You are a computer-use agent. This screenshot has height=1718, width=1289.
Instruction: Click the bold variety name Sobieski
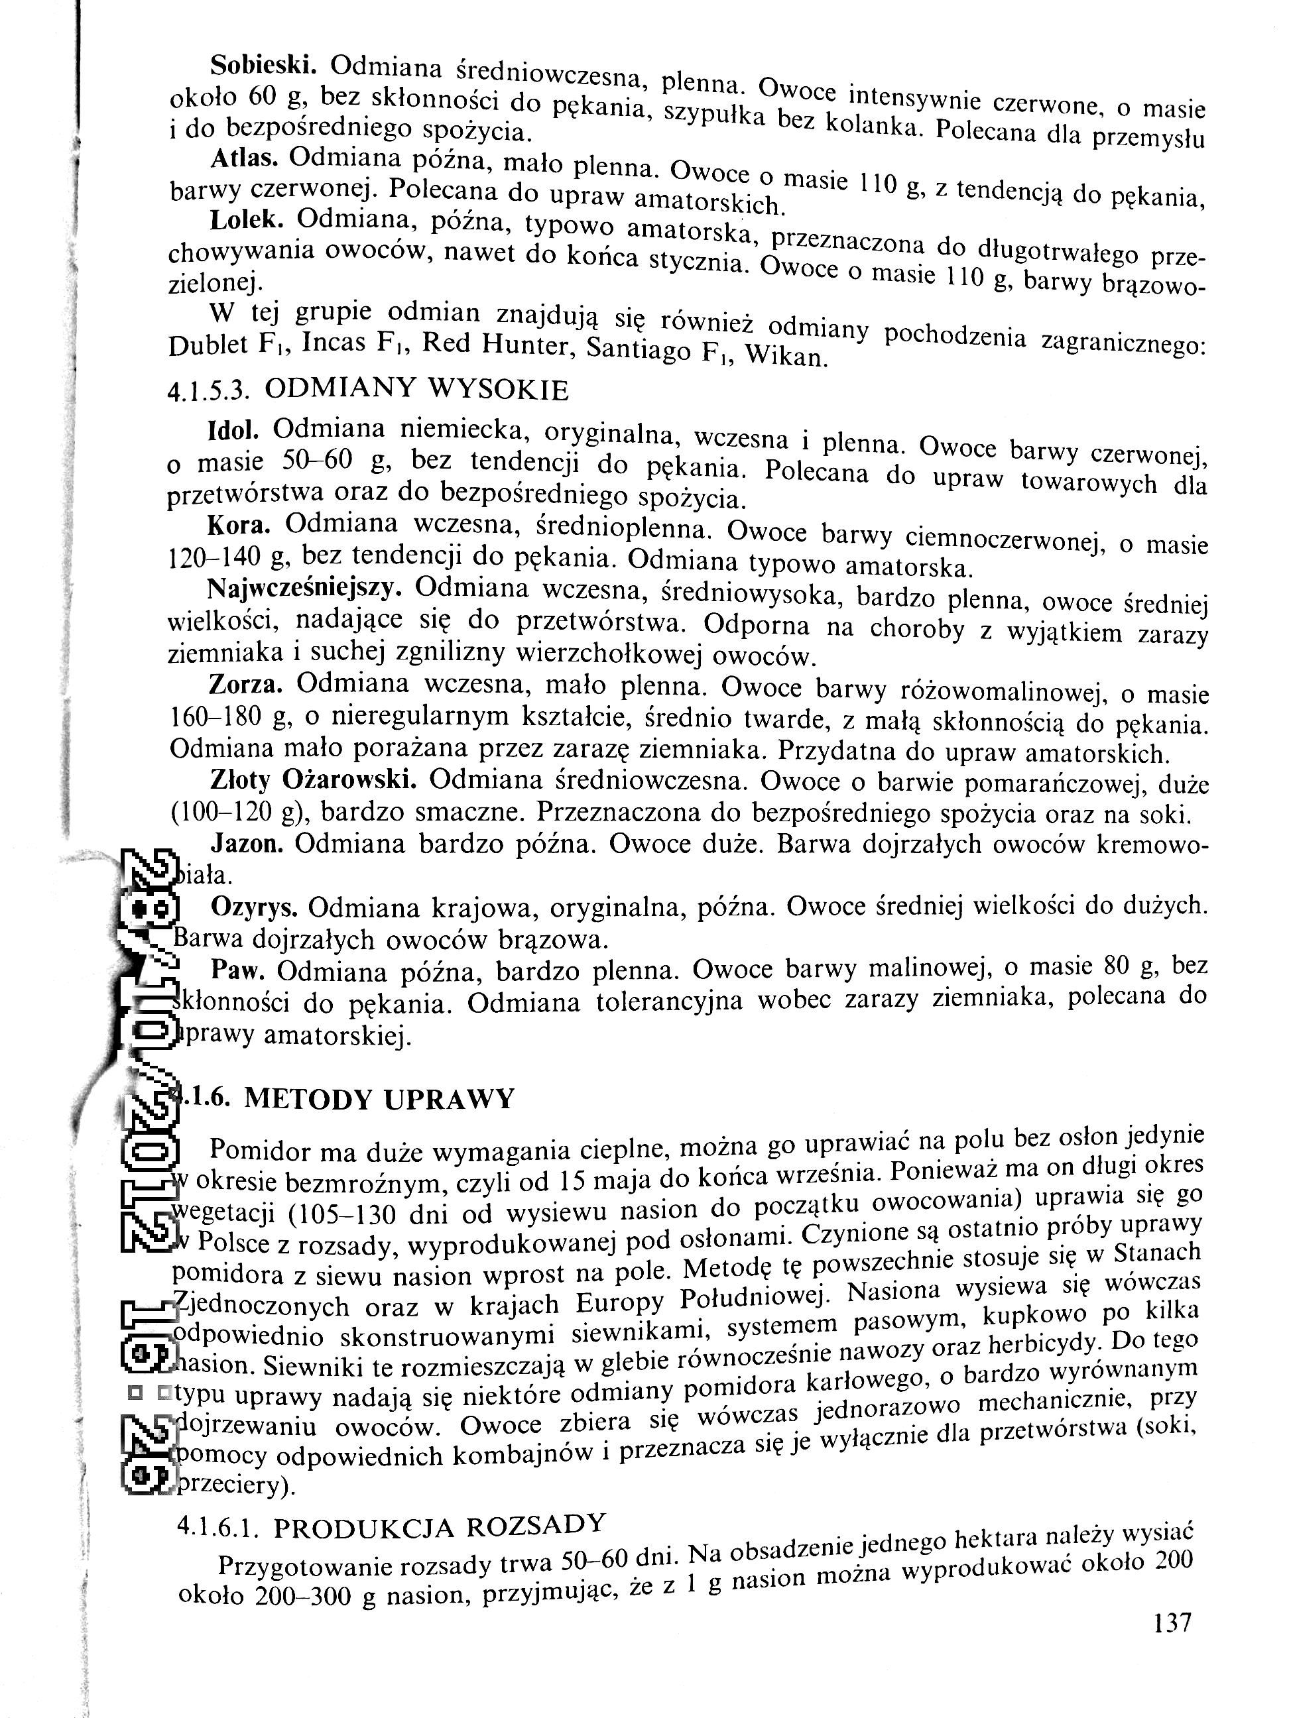click(262, 64)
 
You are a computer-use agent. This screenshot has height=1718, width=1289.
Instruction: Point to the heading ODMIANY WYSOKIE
click(416, 389)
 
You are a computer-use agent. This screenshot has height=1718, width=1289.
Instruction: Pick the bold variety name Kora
click(239, 526)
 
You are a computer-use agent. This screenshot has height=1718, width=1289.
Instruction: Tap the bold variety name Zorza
click(245, 684)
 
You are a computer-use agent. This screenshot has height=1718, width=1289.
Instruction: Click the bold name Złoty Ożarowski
click(313, 779)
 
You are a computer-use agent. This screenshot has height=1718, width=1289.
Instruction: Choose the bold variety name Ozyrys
click(254, 906)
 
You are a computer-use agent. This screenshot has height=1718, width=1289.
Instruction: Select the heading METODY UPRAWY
click(379, 1099)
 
